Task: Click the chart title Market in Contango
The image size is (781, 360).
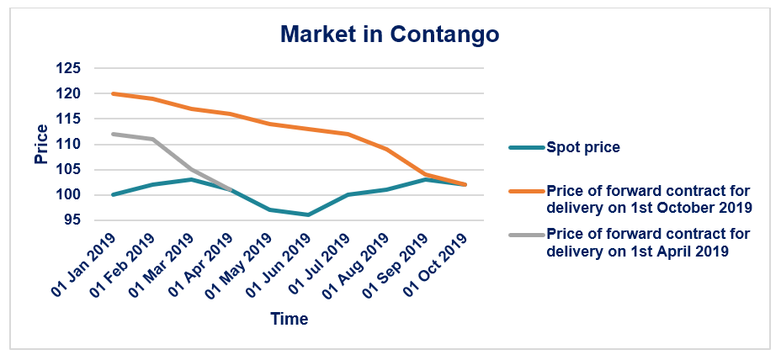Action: pyautogui.click(x=390, y=34)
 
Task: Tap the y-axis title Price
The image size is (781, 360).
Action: pyautogui.click(x=41, y=144)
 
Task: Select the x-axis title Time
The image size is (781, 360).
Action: pyautogui.click(x=289, y=319)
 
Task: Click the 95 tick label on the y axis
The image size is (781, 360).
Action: pyautogui.click(x=71, y=220)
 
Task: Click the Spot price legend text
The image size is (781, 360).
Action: pyautogui.click(x=583, y=147)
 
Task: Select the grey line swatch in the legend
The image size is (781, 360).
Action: pyautogui.click(x=525, y=241)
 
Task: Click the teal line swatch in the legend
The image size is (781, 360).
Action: pyautogui.click(x=525, y=147)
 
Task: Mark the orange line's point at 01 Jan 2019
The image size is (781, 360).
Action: pyautogui.click(x=113, y=93)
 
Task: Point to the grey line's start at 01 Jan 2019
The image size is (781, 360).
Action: pyautogui.click(x=113, y=134)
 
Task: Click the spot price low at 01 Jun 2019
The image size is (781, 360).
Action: pyautogui.click(x=309, y=214)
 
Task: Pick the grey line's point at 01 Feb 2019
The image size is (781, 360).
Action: pyautogui.click(x=152, y=139)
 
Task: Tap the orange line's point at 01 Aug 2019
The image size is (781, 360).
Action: pyautogui.click(x=387, y=149)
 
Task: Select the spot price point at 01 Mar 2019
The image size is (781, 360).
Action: pyautogui.click(x=191, y=179)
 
